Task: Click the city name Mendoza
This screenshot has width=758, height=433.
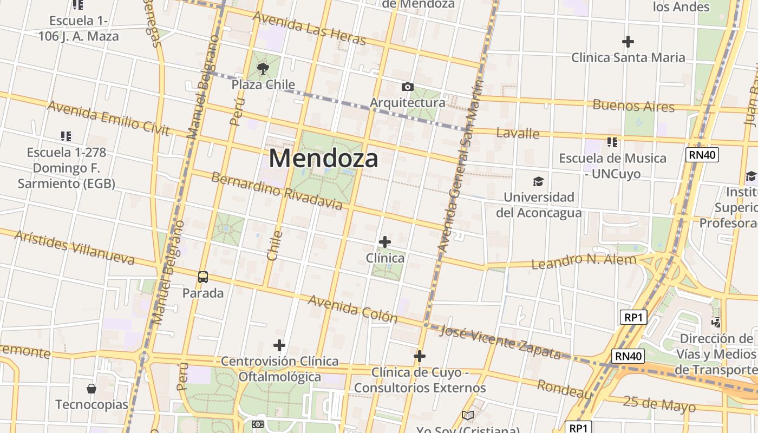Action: pyautogui.click(x=323, y=159)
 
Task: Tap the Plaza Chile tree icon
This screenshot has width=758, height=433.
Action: pyautogui.click(x=263, y=69)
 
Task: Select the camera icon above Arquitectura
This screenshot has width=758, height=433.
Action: pyautogui.click(x=408, y=87)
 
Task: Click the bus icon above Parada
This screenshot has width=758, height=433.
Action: pyautogui.click(x=203, y=277)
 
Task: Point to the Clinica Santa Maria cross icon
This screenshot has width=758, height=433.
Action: pyautogui.click(x=628, y=42)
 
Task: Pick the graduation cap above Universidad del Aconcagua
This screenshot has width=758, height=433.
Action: pyautogui.click(x=538, y=181)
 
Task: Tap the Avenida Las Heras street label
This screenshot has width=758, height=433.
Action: pyautogui.click(x=309, y=29)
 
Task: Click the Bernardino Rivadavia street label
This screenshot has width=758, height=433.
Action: pyautogui.click(x=277, y=191)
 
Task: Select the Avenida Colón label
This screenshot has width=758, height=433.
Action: pyautogui.click(x=352, y=309)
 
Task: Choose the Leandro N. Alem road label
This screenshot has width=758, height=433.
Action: pyautogui.click(x=584, y=261)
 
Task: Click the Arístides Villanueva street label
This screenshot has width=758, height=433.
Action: pyautogui.click(x=74, y=247)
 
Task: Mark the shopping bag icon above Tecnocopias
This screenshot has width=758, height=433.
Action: pyautogui.click(x=92, y=389)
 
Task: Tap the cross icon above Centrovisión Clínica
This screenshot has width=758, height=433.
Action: pyautogui.click(x=279, y=345)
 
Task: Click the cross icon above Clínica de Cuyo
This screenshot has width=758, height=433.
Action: pyautogui.click(x=420, y=356)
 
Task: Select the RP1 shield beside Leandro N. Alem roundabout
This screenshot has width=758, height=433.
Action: pyautogui.click(x=633, y=317)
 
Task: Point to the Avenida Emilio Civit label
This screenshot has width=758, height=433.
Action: pyautogui.click(x=108, y=117)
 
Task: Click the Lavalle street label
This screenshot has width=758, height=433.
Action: pyautogui.click(x=518, y=133)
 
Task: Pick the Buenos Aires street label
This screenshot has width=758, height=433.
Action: pyautogui.click(x=633, y=105)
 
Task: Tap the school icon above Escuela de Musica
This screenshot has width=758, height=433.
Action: pyautogui.click(x=612, y=142)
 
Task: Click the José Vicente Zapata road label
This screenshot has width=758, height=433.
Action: pyautogui.click(x=500, y=342)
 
